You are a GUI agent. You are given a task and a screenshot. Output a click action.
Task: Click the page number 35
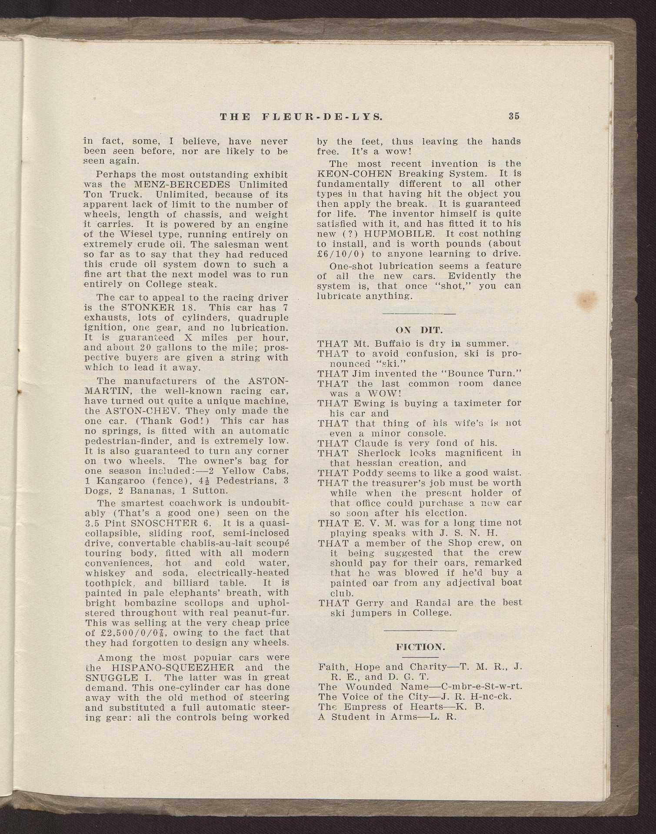(513, 116)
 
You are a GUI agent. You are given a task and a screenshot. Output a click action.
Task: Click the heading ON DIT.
(420, 329)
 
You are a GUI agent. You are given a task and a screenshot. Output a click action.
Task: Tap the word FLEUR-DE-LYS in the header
(323, 116)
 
